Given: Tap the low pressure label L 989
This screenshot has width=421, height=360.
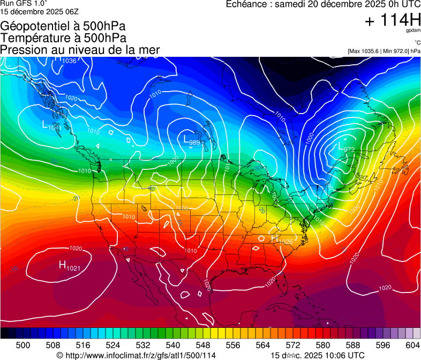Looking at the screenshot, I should coord(192,140).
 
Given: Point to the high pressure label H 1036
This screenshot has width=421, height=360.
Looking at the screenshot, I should coord(65,59).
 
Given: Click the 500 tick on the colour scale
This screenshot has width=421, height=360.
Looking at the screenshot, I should coord(23,345).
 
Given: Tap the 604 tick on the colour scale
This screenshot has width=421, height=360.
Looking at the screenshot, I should coord(412,345).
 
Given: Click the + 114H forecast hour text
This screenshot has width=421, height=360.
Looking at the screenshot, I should coord(392,21).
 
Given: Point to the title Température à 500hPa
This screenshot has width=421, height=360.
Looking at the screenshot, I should coord(64,38).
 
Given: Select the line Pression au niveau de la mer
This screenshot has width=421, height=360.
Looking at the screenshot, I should coord(80,50).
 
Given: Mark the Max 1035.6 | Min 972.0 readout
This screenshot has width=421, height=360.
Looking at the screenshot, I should coord(384,51).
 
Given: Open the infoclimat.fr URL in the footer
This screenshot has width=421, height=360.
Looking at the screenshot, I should coord(137,355).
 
